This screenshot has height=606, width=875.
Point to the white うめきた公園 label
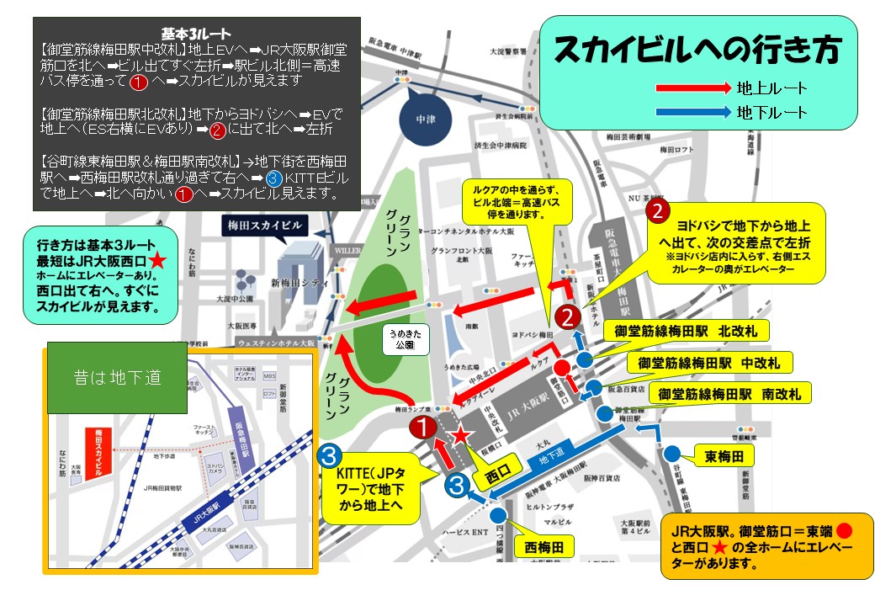point(401,338)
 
